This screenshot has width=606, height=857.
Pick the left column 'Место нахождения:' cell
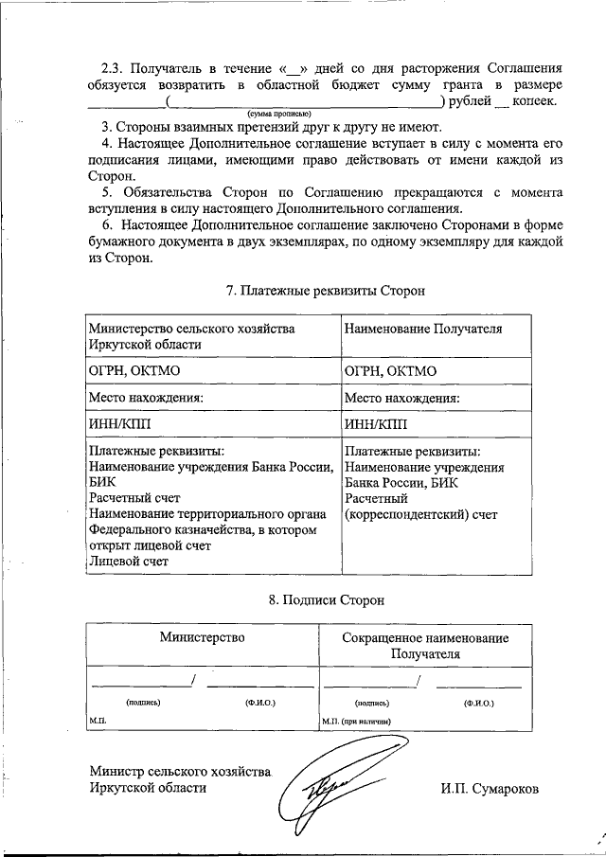pos(146,399)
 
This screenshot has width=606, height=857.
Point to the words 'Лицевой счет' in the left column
pos(128,562)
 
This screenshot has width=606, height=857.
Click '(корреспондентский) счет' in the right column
pos(421,514)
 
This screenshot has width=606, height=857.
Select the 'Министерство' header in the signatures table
pos(202,637)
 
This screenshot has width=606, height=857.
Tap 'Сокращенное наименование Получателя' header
pos(425,645)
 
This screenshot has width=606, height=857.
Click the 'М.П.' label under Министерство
pos(98,721)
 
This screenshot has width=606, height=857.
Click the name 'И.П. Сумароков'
pos(489,787)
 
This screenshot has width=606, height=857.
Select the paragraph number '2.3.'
pos(113,69)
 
